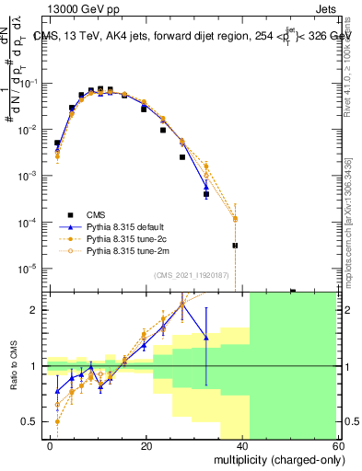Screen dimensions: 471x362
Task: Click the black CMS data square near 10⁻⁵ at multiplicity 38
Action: click(235, 246)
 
